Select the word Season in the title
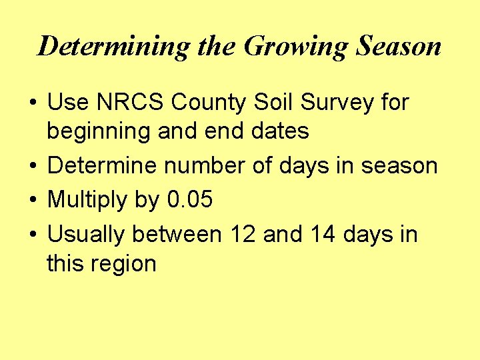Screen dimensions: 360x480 coord(399,47)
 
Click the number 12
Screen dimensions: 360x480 coord(243,235)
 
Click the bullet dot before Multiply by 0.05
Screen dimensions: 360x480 coord(32,201)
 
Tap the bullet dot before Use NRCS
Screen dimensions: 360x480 coord(32,103)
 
